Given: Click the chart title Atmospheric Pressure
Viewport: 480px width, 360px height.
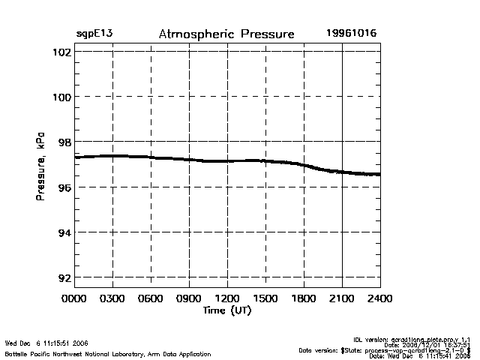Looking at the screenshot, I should click(x=226, y=34).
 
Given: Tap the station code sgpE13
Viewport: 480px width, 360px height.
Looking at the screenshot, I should click(x=94, y=34).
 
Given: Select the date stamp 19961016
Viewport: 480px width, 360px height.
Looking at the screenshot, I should click(x=351, y=34).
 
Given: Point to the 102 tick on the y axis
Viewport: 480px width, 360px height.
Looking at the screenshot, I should click(x=61, y=52).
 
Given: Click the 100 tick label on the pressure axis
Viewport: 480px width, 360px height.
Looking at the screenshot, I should click(x=61, y=97).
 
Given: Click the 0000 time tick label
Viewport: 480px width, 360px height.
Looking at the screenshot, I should click(x=74, y=299).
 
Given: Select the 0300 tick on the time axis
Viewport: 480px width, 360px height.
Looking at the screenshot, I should click(x=112, y=299).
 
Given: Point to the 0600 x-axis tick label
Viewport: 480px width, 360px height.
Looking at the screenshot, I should click(x=151, y=299).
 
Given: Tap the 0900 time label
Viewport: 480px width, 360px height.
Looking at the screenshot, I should click(x=189, y=299).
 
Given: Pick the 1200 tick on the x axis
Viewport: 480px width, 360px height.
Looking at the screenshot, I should click(x=227, y=299).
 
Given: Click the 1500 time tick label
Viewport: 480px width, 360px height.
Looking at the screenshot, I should click(x=265, y=299).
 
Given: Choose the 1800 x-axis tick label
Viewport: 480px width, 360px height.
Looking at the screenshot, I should click(x=304, y=299).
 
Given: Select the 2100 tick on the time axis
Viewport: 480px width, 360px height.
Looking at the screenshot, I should click(x=342, y=299).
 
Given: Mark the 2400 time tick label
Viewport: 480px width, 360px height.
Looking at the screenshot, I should click(x=379, y=299).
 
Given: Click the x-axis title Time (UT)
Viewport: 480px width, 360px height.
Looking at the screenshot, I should click(x=226, y=310).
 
